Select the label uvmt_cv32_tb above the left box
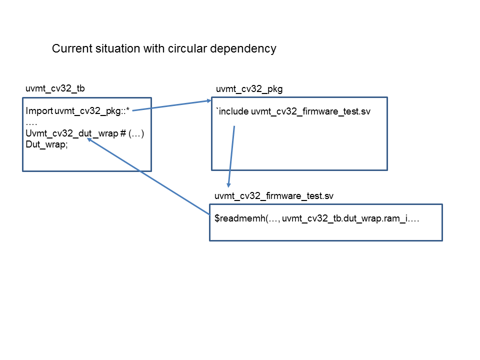[55, 89]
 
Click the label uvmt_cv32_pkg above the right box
[249, 89]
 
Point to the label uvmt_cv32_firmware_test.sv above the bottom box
[273, 196]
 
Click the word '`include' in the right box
[232, 111]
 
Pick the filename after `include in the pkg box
[310, 111]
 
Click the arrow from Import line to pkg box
[172, 105]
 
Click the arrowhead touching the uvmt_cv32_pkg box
[209, 101]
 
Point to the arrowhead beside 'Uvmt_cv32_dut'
[90, 141]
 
